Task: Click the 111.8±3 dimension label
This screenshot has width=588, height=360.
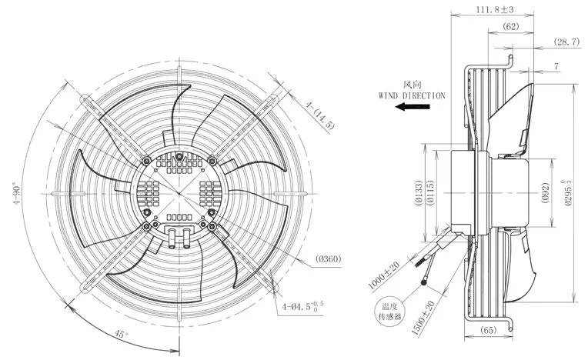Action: [495, 9]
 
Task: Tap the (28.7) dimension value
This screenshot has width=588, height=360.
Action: [567, 42]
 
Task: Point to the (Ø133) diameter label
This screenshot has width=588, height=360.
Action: [419, 193]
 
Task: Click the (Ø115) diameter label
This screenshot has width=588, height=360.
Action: [430, 193]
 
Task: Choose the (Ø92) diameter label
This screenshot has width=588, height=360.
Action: [546, 193]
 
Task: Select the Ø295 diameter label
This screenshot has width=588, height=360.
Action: [568, 193]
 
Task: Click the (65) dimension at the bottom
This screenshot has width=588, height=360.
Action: [488, 330]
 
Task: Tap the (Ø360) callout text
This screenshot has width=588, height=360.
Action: [329, 258]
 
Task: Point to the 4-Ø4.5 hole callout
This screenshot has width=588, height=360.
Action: [302, 306]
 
